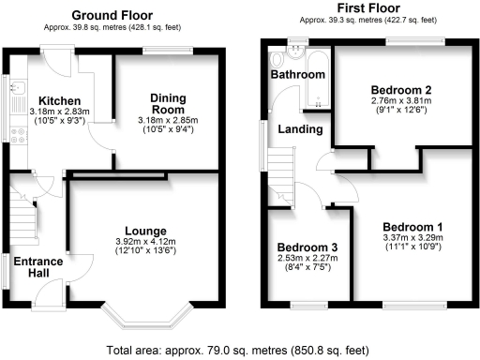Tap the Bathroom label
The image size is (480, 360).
coord(298,73)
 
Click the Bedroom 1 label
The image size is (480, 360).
coord(412,227)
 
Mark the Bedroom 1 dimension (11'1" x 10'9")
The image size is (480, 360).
coord(412,248)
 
